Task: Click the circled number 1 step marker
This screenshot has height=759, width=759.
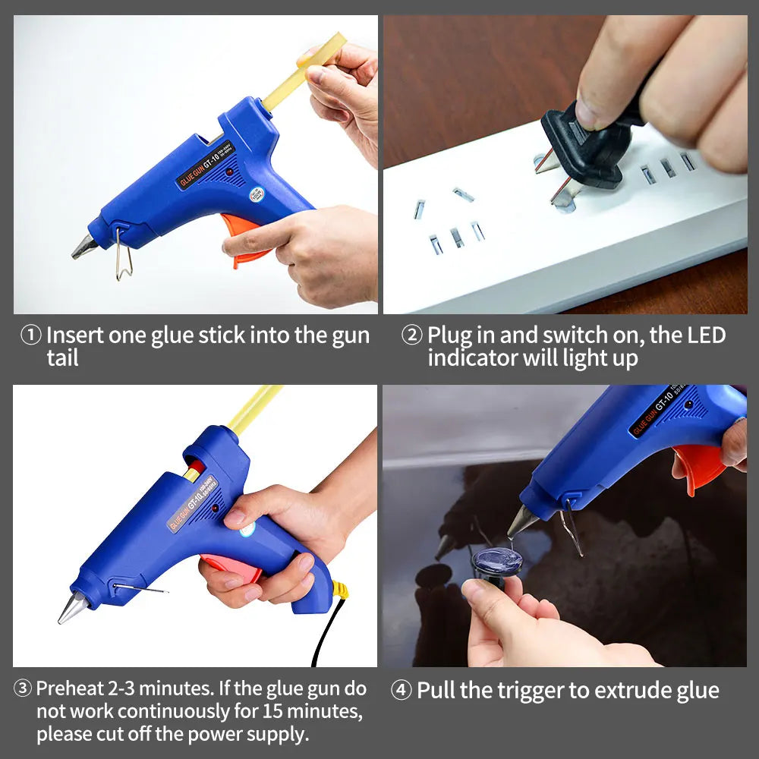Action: point(30,335)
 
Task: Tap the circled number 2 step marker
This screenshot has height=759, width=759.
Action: point(411,335)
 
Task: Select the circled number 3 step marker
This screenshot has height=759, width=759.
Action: point(23,689)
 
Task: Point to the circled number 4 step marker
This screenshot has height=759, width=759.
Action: point(402,690)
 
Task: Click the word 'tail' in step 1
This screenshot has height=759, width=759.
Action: point(62,358)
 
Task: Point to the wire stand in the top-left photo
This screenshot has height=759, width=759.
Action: point(123,254)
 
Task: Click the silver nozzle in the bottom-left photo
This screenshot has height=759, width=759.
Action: point(74,607)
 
